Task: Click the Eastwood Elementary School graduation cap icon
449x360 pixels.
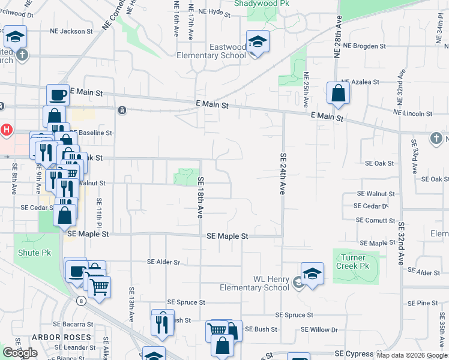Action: tap(258, 42)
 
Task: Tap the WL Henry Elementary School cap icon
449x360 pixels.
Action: tap(312, 274)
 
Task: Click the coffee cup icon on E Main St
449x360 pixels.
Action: tap(58, 95)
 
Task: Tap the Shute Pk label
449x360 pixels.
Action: tap(34, 253)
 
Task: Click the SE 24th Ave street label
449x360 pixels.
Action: tap(282, 173)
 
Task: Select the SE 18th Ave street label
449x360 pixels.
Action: tap(201, 197)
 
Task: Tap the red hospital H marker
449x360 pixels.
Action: tap(6, 129)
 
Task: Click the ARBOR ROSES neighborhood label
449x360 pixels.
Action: tap(62, 337)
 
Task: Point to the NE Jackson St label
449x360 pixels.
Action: tap(71, 31)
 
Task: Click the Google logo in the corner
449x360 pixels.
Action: tap(20, 353)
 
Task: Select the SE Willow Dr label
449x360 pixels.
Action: tap(319, 329)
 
